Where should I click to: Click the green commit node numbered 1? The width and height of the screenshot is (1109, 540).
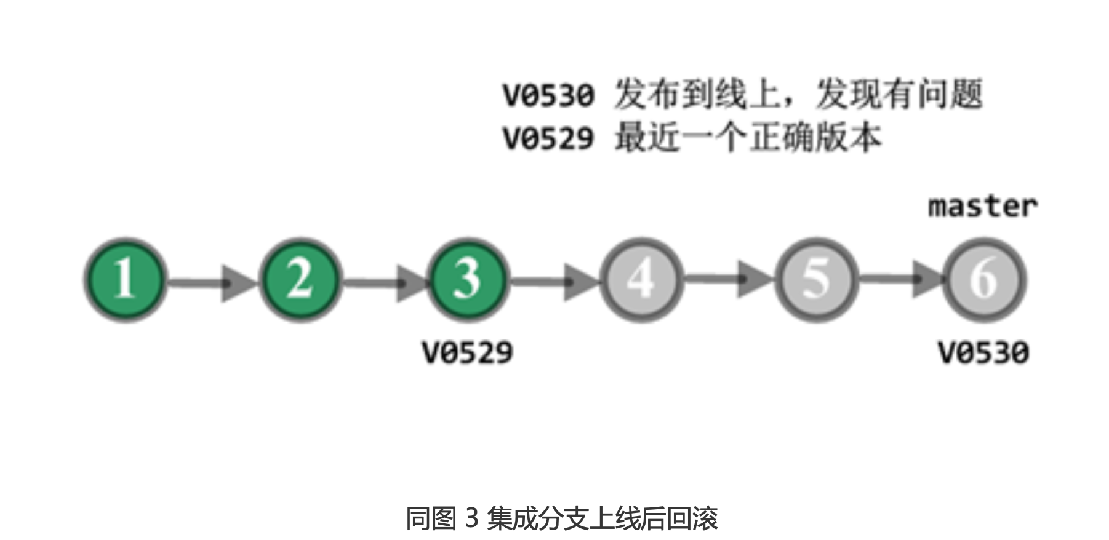126,279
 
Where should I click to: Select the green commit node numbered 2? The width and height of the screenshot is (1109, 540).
300,279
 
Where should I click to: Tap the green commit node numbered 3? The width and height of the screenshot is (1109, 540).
468,279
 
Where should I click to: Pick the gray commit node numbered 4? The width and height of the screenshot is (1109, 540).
641,279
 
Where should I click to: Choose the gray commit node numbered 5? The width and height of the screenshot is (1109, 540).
816,279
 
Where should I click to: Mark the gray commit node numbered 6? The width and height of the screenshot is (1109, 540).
983,279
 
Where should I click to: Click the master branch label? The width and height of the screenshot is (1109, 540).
982,207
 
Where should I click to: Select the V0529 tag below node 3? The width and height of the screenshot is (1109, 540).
468,353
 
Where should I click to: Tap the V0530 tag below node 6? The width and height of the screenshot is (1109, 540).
983,353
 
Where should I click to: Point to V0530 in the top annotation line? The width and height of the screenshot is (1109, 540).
548,95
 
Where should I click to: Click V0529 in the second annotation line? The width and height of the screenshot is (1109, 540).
548,138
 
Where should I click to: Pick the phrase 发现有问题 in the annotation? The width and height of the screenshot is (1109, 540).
899,94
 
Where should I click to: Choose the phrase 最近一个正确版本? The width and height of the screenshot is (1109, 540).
748,137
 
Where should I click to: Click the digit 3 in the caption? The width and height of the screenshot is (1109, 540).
472,518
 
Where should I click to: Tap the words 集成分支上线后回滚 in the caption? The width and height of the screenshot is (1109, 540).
603,518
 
